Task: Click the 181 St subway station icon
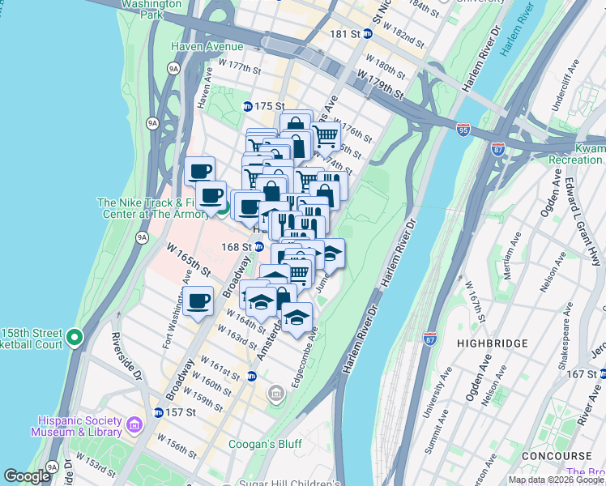pyautogui.click(x=367, y=33)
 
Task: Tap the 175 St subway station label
pyautogui.click(x=270, y=106)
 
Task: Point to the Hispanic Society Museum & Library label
pyautogui.click(x=79, y=426)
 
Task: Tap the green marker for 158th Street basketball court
pyautogui.click(x=75, y=336)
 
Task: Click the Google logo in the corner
pyautogui.click(x=27, y=476)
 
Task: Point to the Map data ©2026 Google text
pyautogui.click(x=556, y=480)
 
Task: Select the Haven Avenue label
pyautogui.click(x=207, y=46)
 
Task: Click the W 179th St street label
pyautogui.click(x=380, y=84)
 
